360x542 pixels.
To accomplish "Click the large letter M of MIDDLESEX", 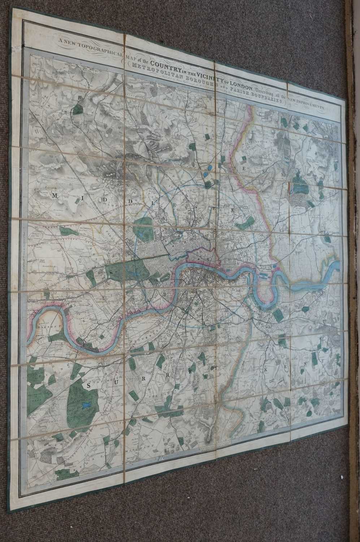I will (x=56, y=195).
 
